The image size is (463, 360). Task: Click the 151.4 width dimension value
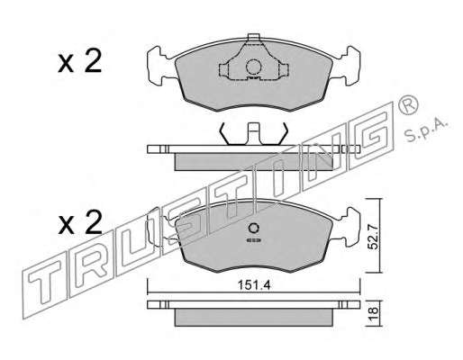(x=254, y=285)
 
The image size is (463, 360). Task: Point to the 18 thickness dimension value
(x=374, y=314)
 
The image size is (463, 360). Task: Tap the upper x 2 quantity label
(x=80, y=62)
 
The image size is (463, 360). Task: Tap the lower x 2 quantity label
(x=80, y=222)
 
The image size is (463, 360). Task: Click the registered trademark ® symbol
(x=408, y=104)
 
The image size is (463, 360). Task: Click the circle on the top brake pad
(x=252, y=67)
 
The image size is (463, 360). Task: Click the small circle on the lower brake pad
(x=253, y=229)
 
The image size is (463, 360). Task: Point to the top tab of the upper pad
(x=253, y=37)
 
